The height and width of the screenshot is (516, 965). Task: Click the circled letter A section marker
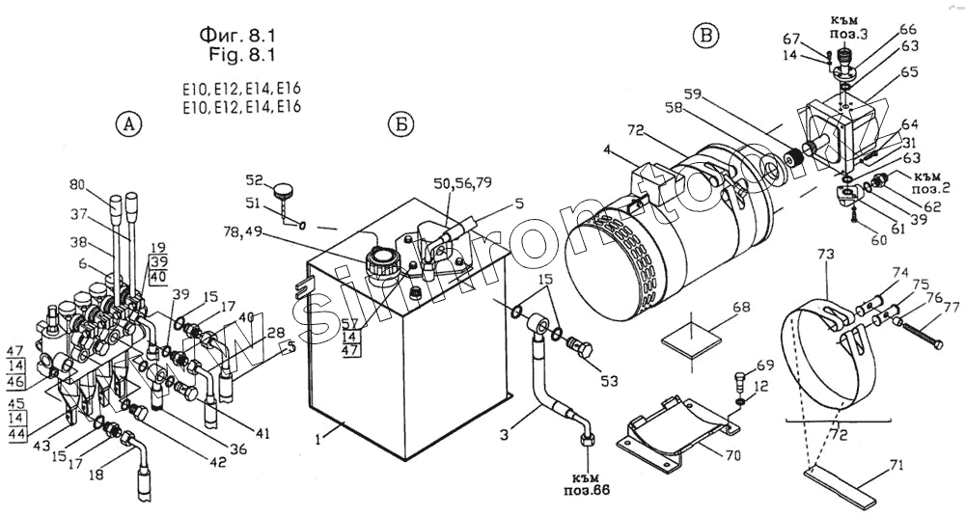pos(128,123)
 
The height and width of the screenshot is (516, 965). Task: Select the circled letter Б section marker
pos(400,125)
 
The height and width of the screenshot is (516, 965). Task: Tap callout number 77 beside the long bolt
pos(951,309)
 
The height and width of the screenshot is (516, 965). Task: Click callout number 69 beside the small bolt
pos(765,366)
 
